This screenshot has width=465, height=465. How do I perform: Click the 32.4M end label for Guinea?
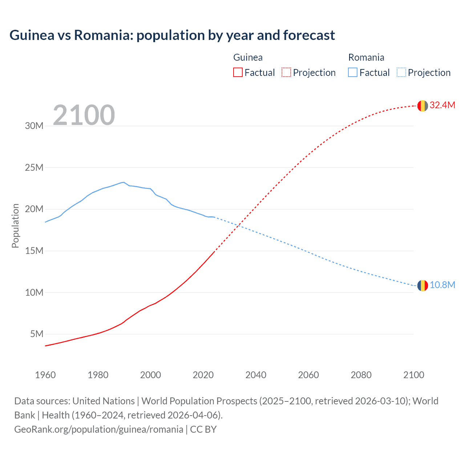click(x=442, y=105)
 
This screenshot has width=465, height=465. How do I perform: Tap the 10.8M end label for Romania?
click(x=442, y=285)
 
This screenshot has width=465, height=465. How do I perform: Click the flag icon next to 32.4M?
click(x=422, y=106)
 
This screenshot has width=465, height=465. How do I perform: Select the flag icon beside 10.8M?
click(x=422, y=286)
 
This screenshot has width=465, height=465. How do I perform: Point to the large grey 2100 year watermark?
click(x=84, y=115)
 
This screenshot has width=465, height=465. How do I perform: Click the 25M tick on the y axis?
click(x=34, y=168)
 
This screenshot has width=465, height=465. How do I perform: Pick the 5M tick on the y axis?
click(x=37, y=334)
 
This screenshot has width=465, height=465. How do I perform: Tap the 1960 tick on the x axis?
click(x=45, y=375)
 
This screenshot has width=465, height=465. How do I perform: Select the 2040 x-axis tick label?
click(x=256, y=375)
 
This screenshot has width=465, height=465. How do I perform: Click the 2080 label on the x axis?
click(x=361, y=375)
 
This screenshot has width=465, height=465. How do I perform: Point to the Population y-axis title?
click(x=15, y=226)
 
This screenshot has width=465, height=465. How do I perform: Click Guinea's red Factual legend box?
click(x=238, y=73)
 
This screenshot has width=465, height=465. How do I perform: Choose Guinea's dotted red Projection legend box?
click(x=286, y=73)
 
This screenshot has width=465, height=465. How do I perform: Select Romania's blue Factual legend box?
click(x=353, y=73)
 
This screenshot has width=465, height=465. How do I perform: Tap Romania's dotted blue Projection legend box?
click(x=401, y=73)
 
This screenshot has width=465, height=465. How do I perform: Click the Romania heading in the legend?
click(x=366, y=57)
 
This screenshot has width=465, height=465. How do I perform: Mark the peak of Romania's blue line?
click(x=124, y=182)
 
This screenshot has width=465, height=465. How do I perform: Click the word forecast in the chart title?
click(x=309, y=35)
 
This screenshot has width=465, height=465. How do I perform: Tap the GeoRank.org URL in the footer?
click(x=98, y=429)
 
